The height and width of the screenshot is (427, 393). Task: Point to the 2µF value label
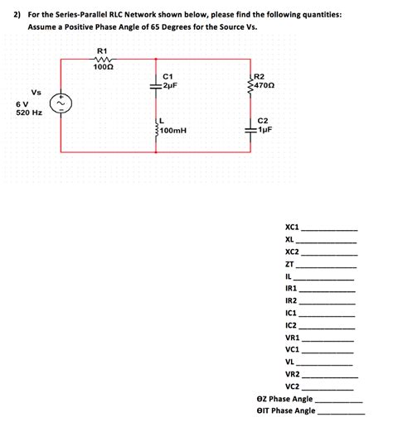tap(170, 85)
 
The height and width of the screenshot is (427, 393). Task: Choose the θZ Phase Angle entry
tap(284, 398)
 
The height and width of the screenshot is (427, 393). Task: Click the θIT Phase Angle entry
tap(286, 410)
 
